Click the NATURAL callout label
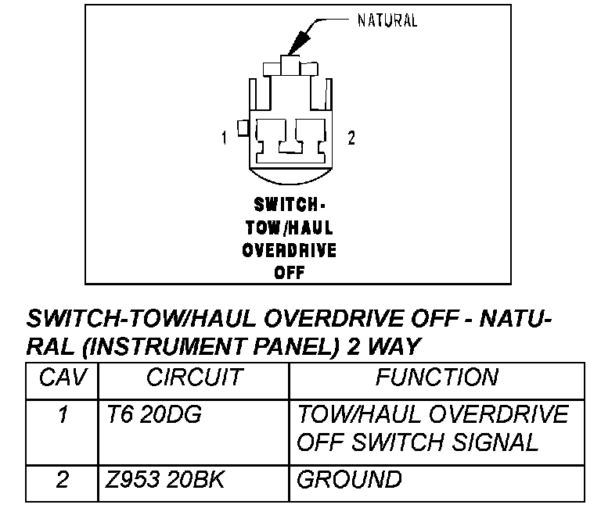pyautogui.click(x=387, y=20)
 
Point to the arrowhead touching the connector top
pyautogui.click(x=289, y=48)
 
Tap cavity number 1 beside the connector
pyautogui.click(x=225, y=138)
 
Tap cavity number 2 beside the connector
pyautogui.click(x=351, y=138)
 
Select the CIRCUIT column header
pyautogui.click(x=193, y=378)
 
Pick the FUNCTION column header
pyautogui.click(x=436, y=378)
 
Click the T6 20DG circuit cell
pyautogui.click(x=153, y=415)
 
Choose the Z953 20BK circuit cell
pyautogui.click(x=164, y=478)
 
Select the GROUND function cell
pyautogui.click(x=349, y=478)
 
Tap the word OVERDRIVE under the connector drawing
pyautogui.click(x=289, y=251)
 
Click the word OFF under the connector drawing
pyautogui.click(x=289, y=274)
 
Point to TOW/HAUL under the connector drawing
pyautogui.click(x=289, y=228)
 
